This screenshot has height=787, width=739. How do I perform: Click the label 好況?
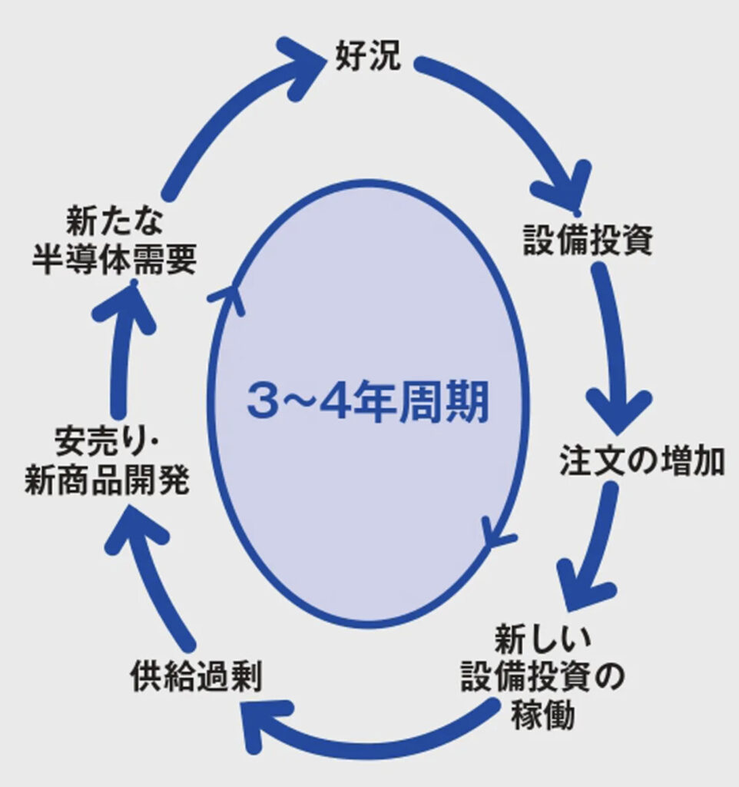pyautogui.click(x=368, y=56)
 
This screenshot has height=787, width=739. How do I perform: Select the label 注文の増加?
pyautogui.click(x=641, y=461)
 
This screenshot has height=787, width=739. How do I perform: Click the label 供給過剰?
pyautogui.click(x=196, y=677)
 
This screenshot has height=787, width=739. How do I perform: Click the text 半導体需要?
pyautogui.click(x=114, y=260)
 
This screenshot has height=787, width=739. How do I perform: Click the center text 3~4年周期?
pyautogui.click(x=367, y=403)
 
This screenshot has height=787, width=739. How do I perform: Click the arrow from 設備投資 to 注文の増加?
pyautogui.click(x=615, y=346)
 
